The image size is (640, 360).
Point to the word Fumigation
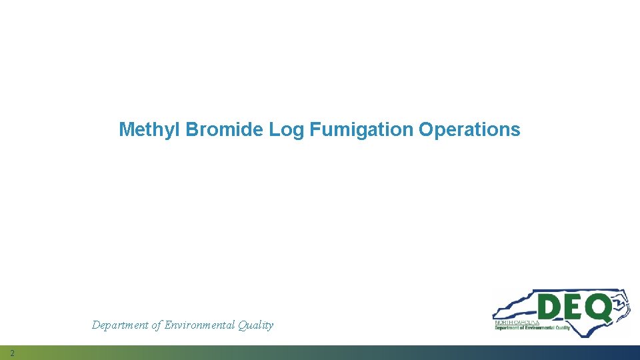(361, 129)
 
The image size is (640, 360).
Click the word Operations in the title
(469, 129)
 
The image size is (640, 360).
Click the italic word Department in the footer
(119, 325)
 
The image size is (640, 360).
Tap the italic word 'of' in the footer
(156, 325)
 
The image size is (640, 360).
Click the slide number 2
(12, 353)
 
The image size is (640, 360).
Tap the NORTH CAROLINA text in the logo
(517, 321)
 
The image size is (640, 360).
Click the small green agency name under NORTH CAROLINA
(531, 327)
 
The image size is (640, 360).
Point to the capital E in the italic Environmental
(167, 325)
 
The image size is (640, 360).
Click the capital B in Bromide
(192, 129)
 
